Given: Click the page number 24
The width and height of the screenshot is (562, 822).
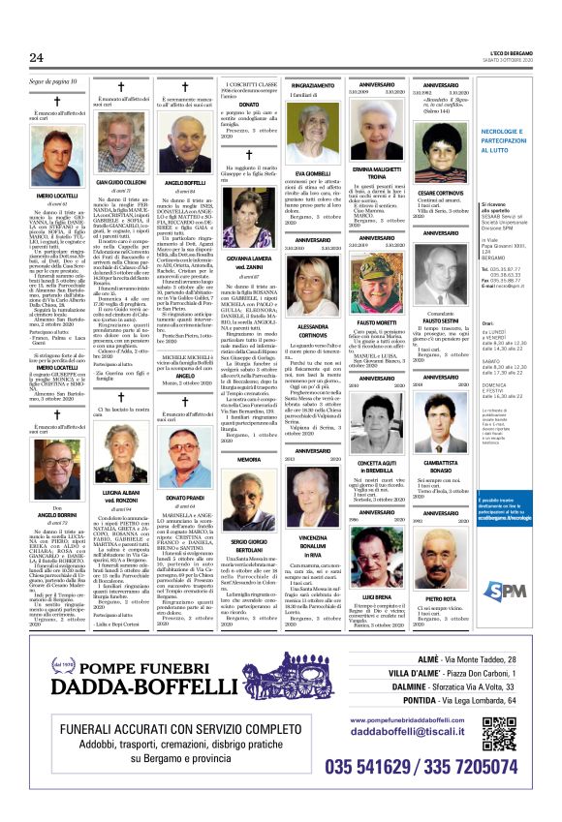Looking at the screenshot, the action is pyautogui.click(x=37, y=58).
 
